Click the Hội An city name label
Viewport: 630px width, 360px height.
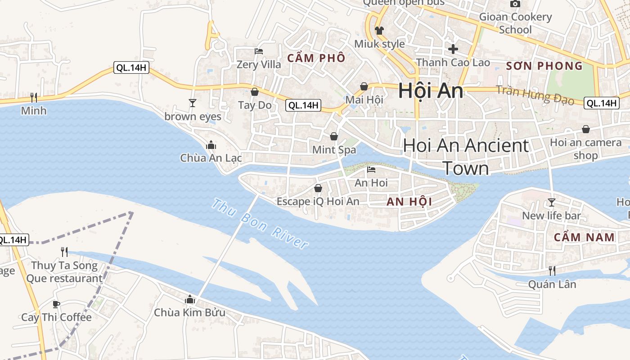(x=431, y=91)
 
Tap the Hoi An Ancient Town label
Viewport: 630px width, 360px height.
(x=466, y=157)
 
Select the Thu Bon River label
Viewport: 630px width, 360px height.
(x=260, y=224)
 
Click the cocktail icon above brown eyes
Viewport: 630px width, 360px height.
(x=193, y=103)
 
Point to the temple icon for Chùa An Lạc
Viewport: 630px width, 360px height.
(x=211, y=145)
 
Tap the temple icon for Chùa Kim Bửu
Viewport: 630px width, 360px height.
(x=190, y=299)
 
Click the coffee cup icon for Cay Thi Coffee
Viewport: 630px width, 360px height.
(x=56, y=304)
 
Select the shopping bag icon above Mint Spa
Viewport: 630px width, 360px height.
(x=334, y=136)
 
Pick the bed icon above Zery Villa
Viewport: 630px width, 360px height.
(x=259, y=51)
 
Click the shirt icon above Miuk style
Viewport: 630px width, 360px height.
(x=379, y=31)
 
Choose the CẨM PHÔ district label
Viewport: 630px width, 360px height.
(x=316, y=58)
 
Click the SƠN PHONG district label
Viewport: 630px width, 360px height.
(x=544, y=66)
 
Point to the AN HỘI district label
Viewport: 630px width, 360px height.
(x=409, y=202)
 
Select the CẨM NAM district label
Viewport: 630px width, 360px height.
(x=584, y=237)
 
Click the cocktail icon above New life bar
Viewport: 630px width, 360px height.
(x=552, y=202)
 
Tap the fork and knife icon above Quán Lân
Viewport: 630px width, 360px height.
(x=552, y=270)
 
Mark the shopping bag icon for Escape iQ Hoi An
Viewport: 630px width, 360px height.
(x=318, y=188)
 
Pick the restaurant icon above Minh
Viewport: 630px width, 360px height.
(x=33, y=97)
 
